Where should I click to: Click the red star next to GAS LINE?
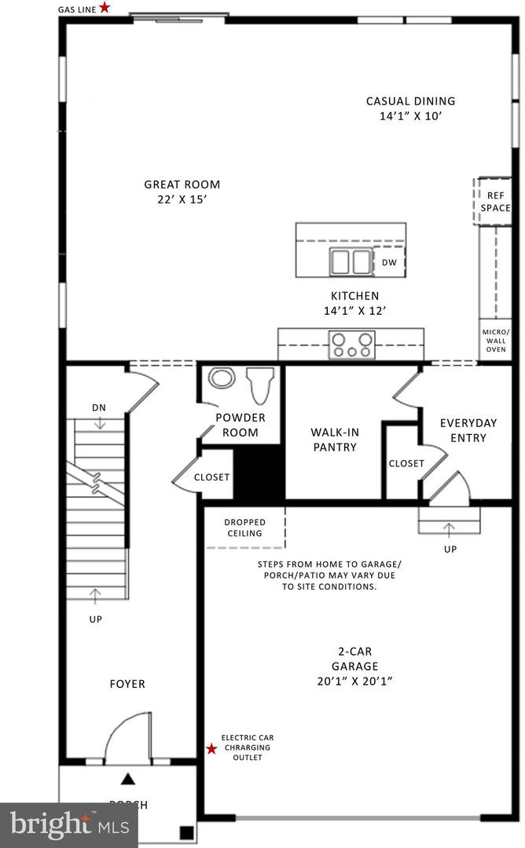105,7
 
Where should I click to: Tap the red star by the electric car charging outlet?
211,749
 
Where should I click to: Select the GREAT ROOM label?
182,185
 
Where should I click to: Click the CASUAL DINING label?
410,101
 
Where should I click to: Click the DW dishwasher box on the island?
389,262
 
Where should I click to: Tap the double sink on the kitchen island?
351,261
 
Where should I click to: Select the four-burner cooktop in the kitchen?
352,344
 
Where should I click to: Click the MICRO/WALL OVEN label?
495,340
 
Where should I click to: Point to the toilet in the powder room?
260,385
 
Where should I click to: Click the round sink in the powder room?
222,378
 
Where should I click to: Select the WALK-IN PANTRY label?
333,440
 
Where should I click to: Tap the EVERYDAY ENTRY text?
468,430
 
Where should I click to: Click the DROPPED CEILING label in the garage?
244,528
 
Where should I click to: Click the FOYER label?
127,684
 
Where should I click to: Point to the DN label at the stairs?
99,408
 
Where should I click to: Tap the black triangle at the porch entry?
127,780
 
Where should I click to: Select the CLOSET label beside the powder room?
211,477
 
